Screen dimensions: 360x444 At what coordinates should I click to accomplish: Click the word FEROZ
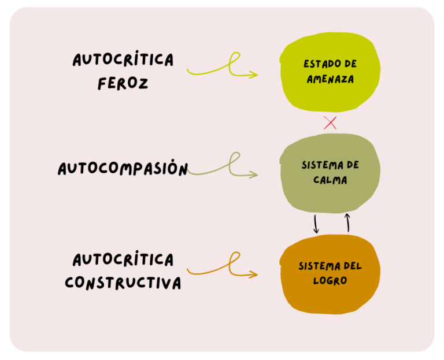[x=123, y=83]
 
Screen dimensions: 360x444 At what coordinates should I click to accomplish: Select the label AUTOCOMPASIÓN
[x=123, y=169]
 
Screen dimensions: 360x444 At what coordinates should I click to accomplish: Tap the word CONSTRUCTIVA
[x=123, y=283]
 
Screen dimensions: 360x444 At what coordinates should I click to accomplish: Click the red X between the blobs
[x=330, y=123]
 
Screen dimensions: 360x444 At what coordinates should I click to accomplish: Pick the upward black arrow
[x=347, y=222]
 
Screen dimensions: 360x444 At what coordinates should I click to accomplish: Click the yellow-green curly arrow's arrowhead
[x=253, y=75]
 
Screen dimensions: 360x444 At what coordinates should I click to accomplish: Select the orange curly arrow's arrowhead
[x=253, y=274]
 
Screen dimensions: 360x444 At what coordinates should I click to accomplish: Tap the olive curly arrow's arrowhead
[x=253, y=175]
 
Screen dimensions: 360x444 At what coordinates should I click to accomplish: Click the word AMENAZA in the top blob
[x=330, y=80]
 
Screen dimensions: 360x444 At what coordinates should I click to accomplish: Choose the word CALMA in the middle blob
[x=330, y=180]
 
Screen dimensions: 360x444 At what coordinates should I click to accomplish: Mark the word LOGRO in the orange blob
[x=330, y=281]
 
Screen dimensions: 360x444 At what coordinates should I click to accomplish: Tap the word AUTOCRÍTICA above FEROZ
[x=123, y=60]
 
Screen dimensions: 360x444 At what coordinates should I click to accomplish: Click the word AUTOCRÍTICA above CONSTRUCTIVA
[x=123, y=259]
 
